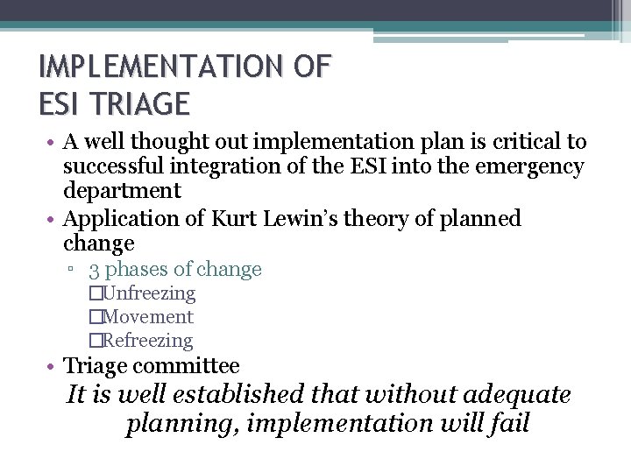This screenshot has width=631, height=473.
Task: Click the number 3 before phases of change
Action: pos(94,269)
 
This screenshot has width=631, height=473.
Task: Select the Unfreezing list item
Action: pos(148,293)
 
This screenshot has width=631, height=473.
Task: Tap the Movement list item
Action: pos(147,317)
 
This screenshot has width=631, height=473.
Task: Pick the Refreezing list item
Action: pos(147,341)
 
